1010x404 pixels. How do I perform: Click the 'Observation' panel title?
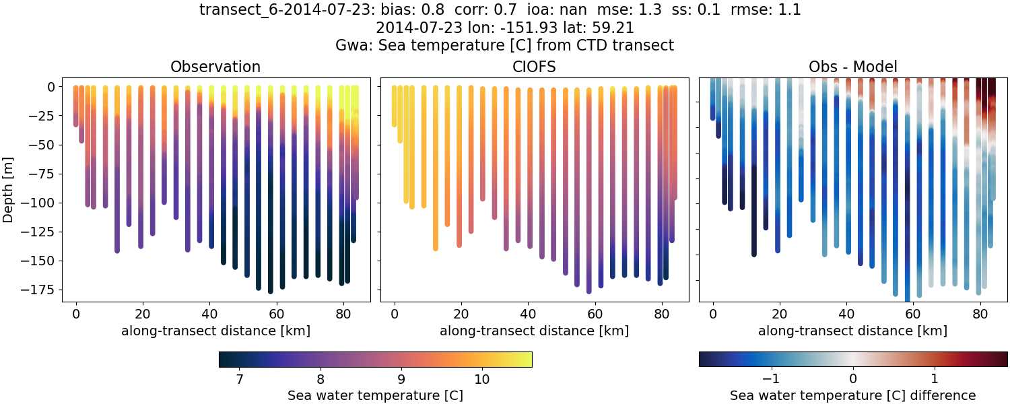tap(215, 67)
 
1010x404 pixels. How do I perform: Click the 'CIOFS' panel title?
tap(535, 67)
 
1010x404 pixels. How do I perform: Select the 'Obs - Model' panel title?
tap(853, 67)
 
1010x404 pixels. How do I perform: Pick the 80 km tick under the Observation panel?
tap(343, 313)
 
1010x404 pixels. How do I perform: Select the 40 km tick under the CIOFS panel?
tap(528, 313)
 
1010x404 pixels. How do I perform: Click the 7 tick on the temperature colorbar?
tap(240, 379)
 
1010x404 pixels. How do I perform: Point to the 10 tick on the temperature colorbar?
tap(481, 379)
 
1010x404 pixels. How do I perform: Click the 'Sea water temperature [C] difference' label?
tap(853, 395)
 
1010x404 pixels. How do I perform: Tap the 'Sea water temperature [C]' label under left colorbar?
tap(375, 395)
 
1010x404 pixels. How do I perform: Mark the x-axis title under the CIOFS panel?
tap(535, 331)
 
